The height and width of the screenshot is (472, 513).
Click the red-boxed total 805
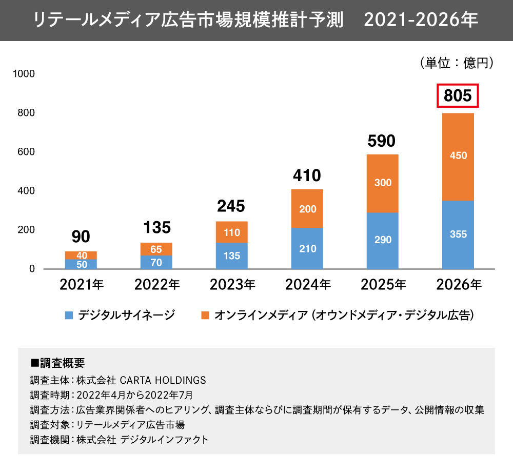coord(458,96)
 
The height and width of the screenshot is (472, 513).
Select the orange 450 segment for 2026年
coord(458,156)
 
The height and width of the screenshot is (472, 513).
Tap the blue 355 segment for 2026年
coord(458,234)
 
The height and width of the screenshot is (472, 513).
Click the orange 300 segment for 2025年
coord(382,183)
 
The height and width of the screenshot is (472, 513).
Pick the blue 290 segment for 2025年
coord(382,240)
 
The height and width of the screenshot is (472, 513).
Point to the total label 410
coord(307,176)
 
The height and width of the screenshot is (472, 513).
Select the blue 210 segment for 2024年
coord(307,248)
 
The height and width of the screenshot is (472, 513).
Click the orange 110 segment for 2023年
coord(232,232)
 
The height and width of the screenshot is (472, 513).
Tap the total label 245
coord(232,206)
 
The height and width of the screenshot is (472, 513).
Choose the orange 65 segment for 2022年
coord(156,249)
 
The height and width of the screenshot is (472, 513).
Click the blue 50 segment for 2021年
coord(81,264)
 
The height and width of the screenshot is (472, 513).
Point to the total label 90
coord(81,237)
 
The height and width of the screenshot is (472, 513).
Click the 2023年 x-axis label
coord(232,285)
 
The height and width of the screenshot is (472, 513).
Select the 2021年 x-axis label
coord(81,285)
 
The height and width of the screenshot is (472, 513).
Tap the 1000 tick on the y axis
coord(24,74)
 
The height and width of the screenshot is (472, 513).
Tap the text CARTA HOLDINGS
coord(163,380)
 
